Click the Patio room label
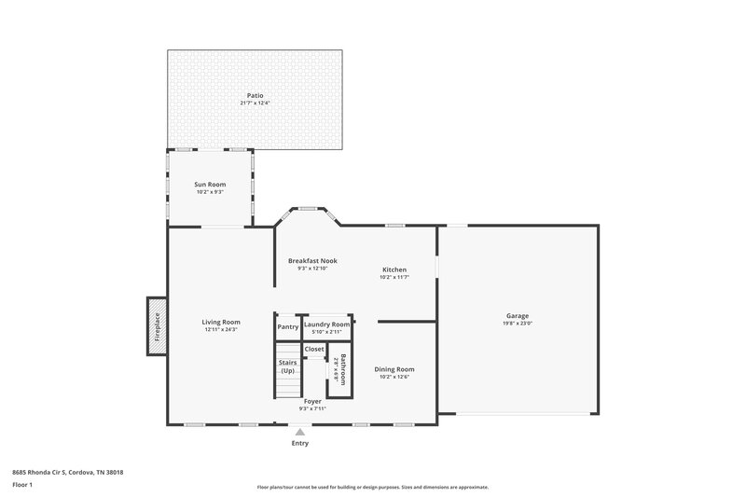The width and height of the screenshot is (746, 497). coord(255,95)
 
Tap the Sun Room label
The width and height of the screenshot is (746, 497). coord(210,185)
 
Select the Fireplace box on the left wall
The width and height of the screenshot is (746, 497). coord(156,326)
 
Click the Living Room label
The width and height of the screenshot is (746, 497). coord(222,322)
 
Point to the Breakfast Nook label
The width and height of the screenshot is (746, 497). coord(312,260)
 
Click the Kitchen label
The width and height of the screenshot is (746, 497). coord(394,269)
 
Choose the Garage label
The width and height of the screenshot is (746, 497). coord(518,315)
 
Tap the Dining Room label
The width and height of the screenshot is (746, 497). coord(394,369)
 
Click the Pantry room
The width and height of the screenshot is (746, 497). coord(288,327)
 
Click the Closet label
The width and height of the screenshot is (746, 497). coord(314,349)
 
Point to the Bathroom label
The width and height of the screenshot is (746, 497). coord(343,369)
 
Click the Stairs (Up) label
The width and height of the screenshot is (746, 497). coord(288,366)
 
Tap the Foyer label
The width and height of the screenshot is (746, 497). coord(312,401)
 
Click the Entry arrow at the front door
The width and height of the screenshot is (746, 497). coord(299,432)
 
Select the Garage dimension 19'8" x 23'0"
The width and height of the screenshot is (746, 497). coord(518,324)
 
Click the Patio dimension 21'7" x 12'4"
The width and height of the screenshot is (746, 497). coord(255,104)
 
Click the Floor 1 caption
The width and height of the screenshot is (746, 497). coord(22,486)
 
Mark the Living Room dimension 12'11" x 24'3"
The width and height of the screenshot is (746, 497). coord(222,330)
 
